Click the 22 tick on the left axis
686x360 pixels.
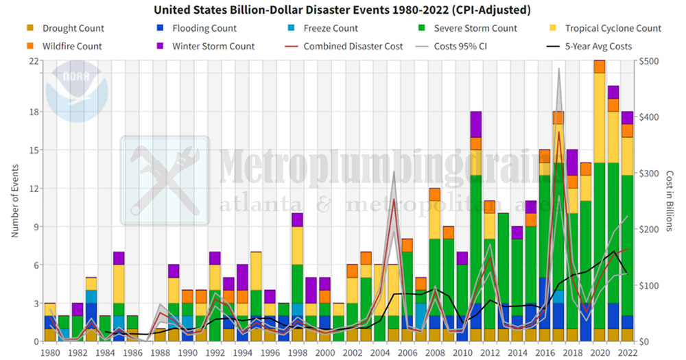(x=34, y=60)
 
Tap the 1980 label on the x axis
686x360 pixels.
(x=49, y=352)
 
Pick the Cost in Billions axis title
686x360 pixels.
(x=670, y=201)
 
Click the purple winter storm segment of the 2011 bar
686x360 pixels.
(x=475, y=124)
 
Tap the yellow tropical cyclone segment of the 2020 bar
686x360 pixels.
(x=599, y=117)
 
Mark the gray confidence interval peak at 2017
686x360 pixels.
(x=559, y=69)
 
